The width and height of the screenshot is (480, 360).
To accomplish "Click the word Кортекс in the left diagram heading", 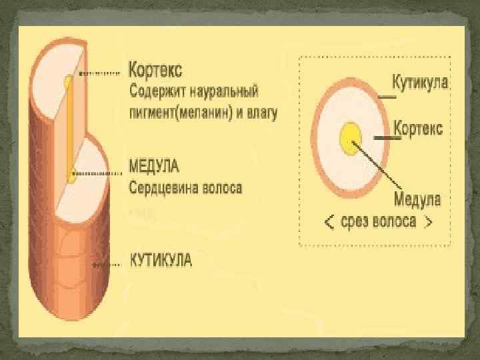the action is coord(155,69).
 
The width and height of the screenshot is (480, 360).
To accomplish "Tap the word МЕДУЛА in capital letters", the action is coord(154,165).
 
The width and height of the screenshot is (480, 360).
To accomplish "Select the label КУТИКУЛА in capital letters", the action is coord(160,260).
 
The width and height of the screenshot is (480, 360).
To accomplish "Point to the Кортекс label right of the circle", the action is coord(419,128).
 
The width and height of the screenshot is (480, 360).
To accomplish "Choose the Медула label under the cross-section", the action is coord(417,199).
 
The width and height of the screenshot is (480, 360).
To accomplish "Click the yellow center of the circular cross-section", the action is coord(350,137).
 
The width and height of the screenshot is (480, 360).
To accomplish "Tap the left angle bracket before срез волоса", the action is coord(329,222).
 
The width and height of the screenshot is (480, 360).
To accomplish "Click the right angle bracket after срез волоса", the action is coord(429,222).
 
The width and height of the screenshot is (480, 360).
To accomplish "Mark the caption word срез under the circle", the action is coord(355,222).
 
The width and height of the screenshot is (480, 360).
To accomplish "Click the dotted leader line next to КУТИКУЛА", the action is coord(107,263).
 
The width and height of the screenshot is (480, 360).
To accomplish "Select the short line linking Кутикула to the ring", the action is coord(387,96).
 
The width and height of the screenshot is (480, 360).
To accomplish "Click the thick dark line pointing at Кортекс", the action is coord(383,137).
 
